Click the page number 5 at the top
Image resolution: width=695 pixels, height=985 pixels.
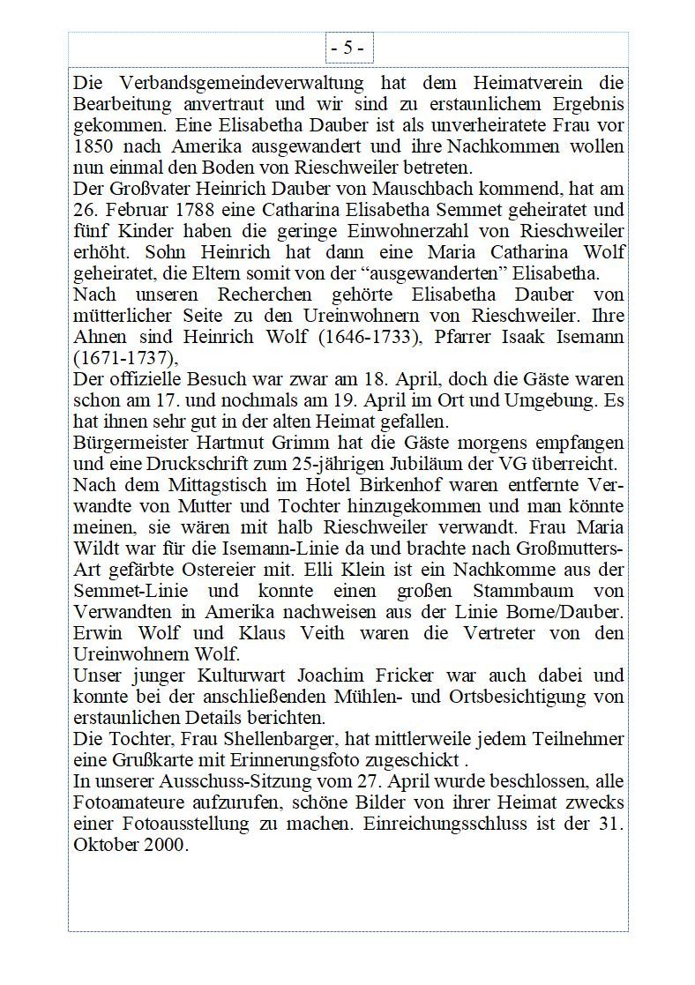pos(347,49)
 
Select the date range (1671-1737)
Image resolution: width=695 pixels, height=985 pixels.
pos(125,358)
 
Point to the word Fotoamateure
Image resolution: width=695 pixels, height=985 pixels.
pos(129,802)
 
